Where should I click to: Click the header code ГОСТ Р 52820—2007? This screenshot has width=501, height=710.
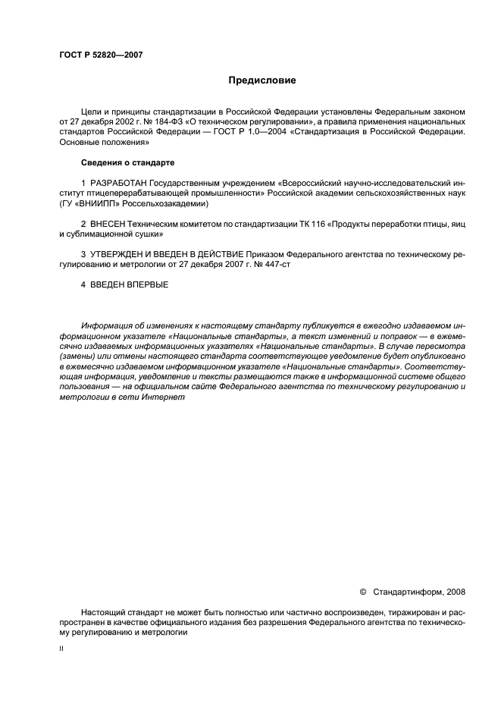click(x=100, y=55)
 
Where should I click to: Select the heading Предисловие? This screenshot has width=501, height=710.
click(x=263, y=80)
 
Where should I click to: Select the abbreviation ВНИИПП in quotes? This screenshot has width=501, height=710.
click(x=89, y=204)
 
